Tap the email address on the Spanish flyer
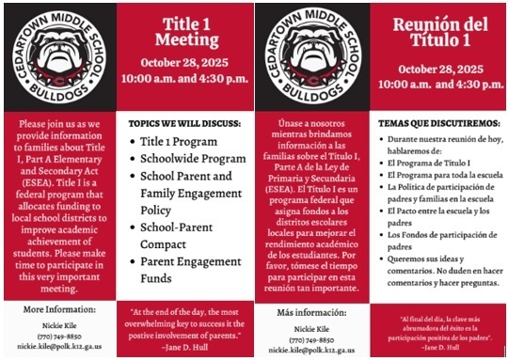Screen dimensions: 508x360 click(315, 348)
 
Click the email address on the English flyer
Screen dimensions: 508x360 click(62, 346)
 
